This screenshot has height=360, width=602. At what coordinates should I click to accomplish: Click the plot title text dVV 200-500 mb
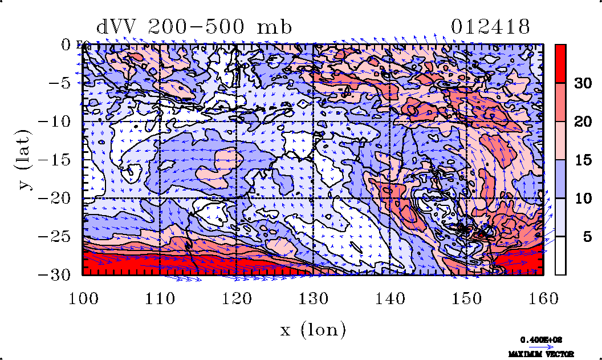(194, 27)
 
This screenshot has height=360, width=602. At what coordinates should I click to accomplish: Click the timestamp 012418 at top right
(491, 27)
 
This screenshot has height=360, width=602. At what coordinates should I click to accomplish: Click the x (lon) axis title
(313, 329)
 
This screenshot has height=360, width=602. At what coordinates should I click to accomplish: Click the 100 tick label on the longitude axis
(83, 298)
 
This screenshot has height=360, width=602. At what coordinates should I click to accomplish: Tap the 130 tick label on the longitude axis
(313, 298)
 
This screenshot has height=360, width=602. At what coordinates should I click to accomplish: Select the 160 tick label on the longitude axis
(543, 298)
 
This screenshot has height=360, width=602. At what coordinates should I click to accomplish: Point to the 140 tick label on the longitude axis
(390, 298)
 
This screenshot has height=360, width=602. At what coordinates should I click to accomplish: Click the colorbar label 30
(582, 83)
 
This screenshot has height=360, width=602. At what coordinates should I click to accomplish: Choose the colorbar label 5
(586, 237)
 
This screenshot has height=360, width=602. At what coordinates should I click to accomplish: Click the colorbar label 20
(582, 122)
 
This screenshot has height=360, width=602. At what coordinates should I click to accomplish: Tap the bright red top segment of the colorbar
(561, 63)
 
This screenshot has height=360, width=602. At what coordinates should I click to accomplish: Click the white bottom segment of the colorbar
(561, 256)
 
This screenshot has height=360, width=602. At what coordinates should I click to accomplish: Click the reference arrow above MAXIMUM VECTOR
(538, 346)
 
